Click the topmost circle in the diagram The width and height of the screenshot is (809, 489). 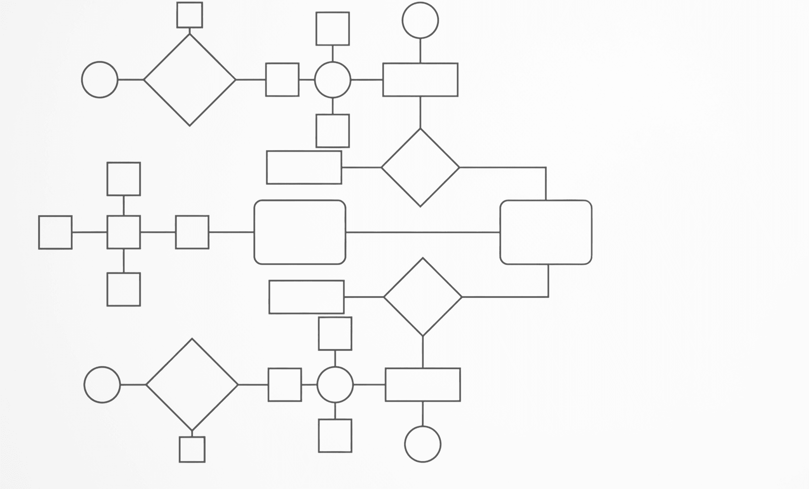click(420, 20)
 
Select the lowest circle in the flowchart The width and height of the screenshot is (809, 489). click(422, 444)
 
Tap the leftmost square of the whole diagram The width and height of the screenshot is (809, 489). click(55, 232)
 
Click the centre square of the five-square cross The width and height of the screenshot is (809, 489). click(124, 232)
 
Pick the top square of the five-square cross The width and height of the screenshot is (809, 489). click(124, 179)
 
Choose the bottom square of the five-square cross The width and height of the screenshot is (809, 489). click(124, 289)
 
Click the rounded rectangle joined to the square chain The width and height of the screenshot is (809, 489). click(300, 232)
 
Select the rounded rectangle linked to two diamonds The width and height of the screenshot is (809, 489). click(546, 232)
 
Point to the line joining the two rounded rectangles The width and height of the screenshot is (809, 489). click(422, 232)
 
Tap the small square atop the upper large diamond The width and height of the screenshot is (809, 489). click(190, 15)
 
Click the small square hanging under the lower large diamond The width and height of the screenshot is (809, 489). click(192, 449)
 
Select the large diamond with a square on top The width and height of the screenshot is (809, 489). click(190, 80)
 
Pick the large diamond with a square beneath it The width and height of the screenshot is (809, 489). click(192, 384)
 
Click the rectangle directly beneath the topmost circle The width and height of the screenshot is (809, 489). click(420, 80)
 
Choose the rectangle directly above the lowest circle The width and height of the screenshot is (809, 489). click(422, 385)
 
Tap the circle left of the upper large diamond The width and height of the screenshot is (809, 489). click(100, 80)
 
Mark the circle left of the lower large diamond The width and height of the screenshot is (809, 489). click(102, 384)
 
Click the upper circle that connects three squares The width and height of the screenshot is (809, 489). click(333, 80)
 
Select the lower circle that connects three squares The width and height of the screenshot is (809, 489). click(335, 384)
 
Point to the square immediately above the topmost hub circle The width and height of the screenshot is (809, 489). click(333, 29)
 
